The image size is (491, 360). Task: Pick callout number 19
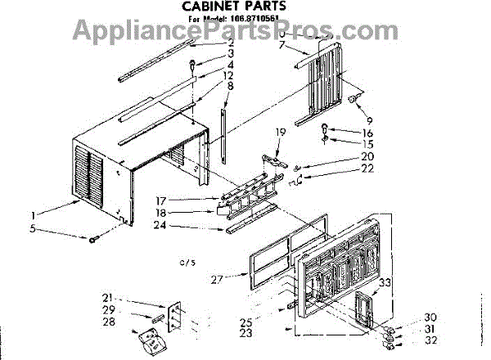280,132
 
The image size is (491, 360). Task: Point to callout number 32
431,340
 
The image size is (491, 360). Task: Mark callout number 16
368,131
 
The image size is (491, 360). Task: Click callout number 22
368,169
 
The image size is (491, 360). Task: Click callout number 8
232,85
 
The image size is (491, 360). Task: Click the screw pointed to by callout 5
95,239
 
